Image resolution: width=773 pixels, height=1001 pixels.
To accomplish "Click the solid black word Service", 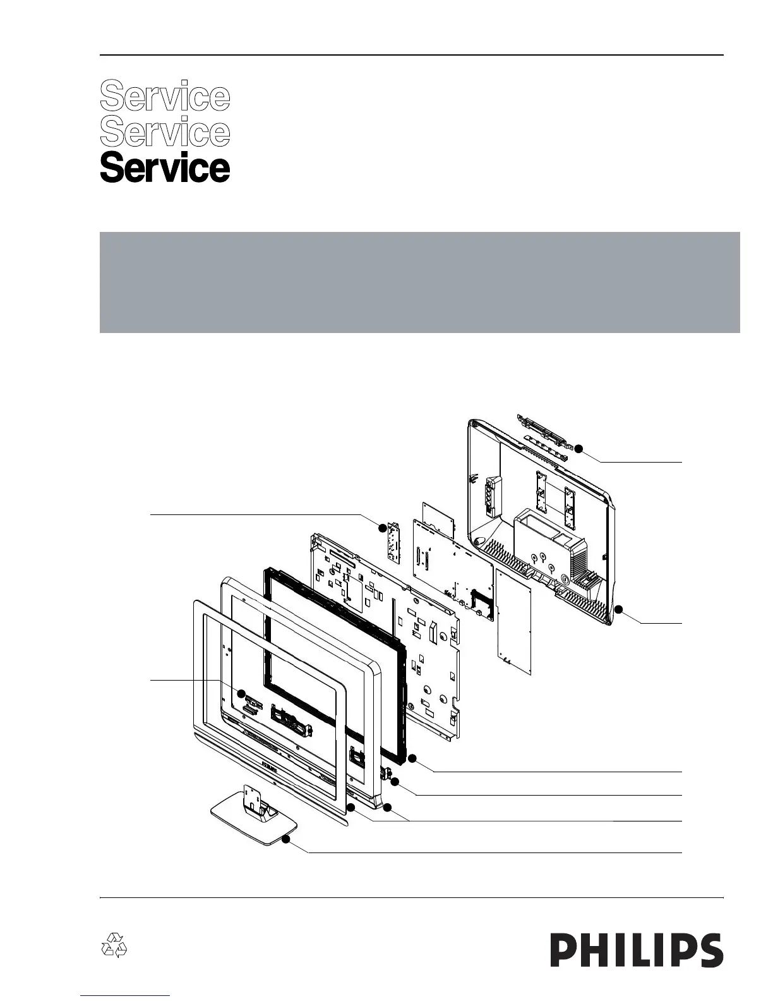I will [x=165, y=168].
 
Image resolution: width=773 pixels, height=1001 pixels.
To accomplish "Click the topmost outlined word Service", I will [x=165, y=96].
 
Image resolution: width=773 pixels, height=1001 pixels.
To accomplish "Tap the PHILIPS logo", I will [x=637, y=950].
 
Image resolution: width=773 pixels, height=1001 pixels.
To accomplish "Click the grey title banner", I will [x=419, y=282].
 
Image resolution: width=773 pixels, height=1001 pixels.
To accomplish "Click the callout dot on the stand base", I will [x=286, y=840].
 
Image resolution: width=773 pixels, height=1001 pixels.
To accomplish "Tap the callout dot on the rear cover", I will [x=618, y=609].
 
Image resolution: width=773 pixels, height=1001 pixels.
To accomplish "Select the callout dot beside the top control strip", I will [x=578, y=449].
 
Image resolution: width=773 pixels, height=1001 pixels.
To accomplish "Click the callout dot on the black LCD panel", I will [x=412, y=758].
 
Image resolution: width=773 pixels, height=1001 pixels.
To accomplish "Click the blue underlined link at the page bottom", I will [x=126, y=996].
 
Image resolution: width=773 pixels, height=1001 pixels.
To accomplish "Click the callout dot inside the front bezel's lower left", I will [x=241, y=693].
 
